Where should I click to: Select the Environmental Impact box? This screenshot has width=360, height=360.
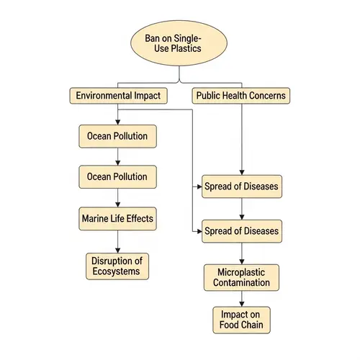117,95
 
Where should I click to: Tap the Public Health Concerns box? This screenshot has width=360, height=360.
240,95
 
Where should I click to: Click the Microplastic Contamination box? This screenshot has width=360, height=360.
241,277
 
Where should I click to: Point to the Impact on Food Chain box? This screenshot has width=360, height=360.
241,319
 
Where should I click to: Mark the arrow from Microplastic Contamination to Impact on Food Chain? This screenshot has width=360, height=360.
241,298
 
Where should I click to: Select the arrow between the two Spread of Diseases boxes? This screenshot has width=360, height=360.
241,209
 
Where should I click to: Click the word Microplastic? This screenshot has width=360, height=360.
241,271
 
